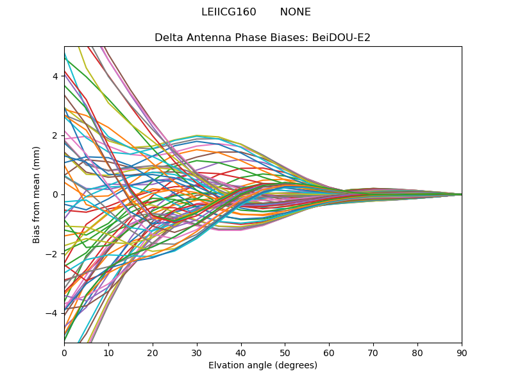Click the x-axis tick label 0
(64, 352)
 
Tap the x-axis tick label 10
(108, 352)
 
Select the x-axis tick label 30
(197, 352)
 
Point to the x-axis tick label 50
(285, 352)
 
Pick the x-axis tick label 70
(373, 352)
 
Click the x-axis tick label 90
(462, 352)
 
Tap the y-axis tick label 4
(55, 76)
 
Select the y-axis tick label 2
(55, 135)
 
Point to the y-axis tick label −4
(53, 313)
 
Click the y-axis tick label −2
(53, 254)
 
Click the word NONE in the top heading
(295, 12)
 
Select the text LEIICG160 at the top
(228, 12)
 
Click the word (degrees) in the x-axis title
(294, 366)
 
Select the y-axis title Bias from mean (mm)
(37, 194)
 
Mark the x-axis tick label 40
(241, 352)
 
